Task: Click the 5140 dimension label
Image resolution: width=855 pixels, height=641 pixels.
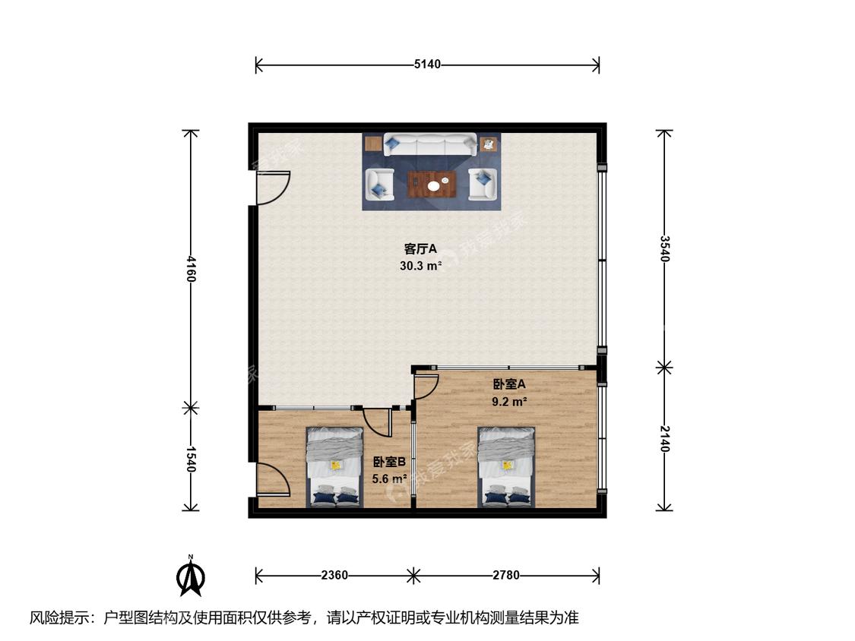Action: click(427, 65)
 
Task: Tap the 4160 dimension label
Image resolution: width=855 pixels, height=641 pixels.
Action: click(190, 269)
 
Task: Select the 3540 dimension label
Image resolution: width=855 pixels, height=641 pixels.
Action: click(663, 248)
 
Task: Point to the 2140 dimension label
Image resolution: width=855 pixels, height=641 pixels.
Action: click(663, 439)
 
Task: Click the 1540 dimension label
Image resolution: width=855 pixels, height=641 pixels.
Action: click(190, 459)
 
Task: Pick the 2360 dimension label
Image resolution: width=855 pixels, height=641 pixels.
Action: click(334, 575)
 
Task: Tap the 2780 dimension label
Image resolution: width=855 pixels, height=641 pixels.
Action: click(506, 575)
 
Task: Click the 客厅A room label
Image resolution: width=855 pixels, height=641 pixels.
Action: click(420, 249)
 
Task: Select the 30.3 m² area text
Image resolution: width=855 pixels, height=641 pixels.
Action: click(420, 266)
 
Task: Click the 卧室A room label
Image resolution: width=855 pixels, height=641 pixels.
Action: click(508, 384)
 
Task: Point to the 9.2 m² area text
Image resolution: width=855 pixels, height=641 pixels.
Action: click(508, 402)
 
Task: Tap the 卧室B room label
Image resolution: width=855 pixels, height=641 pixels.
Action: click(389, 463)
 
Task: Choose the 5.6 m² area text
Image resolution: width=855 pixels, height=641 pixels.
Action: click(389, 479)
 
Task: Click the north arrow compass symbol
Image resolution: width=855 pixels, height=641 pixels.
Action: click(191, 576)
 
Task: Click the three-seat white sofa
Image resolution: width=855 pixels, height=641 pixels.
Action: click(429, 144)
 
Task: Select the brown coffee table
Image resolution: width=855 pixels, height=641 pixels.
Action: click(432, 184)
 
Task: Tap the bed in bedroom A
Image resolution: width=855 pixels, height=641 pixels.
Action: click(506, 467)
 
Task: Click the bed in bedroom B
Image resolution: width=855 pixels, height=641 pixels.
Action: click(335, 467)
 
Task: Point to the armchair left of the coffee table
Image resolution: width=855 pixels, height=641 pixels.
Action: click(379, 184)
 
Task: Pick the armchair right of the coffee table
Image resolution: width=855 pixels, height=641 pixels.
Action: click(483, 184)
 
